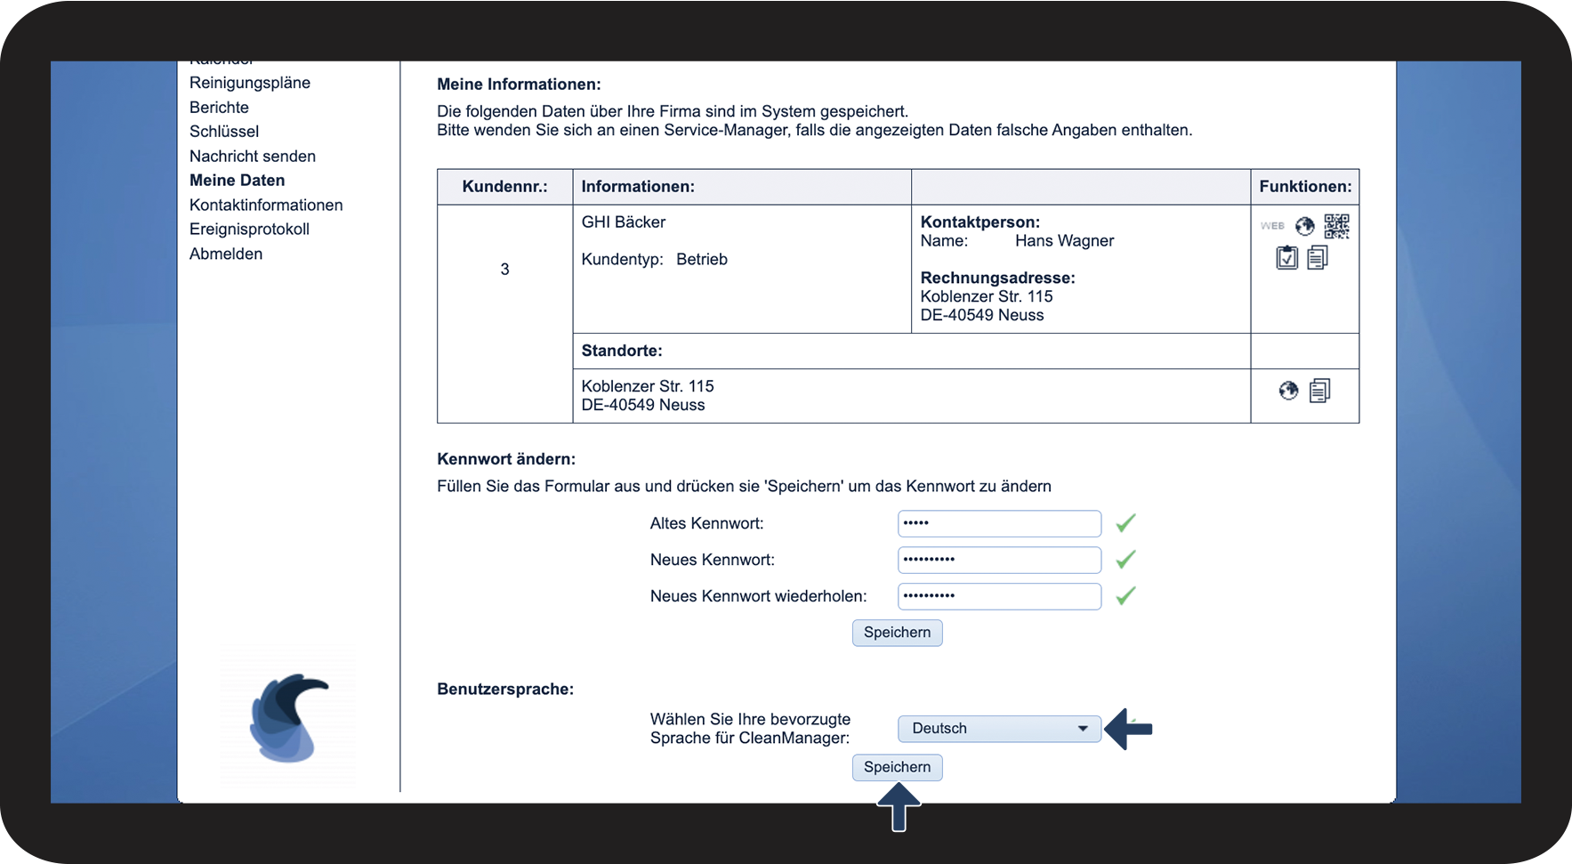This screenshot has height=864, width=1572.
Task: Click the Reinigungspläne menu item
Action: [250, 83]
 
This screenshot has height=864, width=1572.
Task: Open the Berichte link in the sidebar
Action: [219, 108]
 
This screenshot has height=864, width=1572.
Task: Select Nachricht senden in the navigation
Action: [253, 157]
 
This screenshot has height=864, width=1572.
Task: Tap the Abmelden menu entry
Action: [226, 254]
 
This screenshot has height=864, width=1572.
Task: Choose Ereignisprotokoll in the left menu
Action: [249, 230]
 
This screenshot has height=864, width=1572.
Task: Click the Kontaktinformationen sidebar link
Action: [266, 206]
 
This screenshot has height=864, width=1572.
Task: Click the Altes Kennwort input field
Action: [998, 523]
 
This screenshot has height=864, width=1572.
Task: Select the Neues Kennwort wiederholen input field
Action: [998, 596]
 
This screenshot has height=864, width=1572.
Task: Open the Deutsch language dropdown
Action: [998, 729]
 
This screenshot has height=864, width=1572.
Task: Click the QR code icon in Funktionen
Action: [1336, 226]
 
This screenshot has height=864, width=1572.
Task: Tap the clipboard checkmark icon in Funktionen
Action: [1286, 258]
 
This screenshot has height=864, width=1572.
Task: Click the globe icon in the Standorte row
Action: [1288, 391]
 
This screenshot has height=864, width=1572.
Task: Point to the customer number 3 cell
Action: [504, 270]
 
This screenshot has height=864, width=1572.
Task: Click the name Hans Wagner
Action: [1064, 241]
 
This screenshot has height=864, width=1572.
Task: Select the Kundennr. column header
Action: [504, 187]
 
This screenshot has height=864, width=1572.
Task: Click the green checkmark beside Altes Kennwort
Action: [1125, 523]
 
